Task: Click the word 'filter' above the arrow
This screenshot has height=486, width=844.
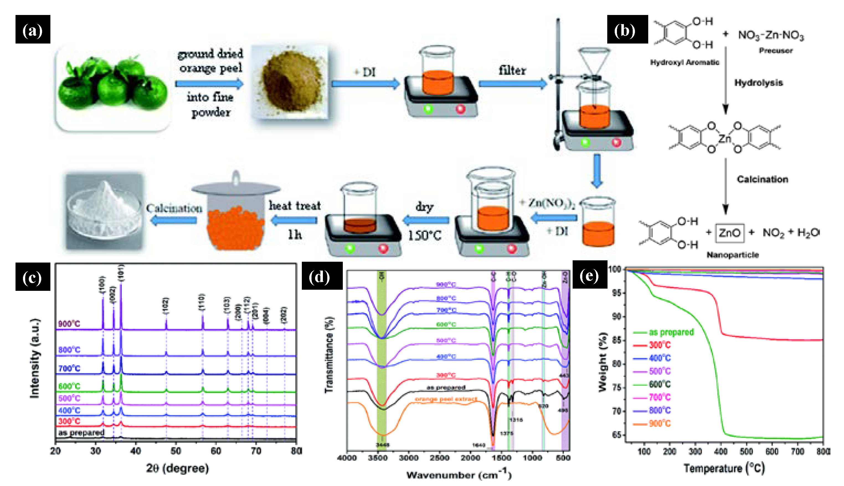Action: pyautogui.click(x=512, y=70)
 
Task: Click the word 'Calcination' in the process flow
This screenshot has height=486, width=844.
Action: pyautogui.click(x=174, y=208)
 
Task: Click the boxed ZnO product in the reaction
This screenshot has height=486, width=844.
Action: pyautogui.click(x=729, y=233)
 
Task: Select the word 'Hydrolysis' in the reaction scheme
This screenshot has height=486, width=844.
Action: pyautogui.click(x=758, y=83)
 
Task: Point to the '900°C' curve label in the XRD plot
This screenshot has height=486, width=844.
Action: pyautogui.click(x=69, y=324)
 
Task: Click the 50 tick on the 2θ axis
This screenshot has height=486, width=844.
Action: pyautogui.click(x=176, y=451)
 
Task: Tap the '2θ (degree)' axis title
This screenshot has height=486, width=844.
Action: pyautogui.click(x=177, y=468)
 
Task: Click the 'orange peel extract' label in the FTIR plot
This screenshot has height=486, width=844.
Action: pyautogui.click(x=446, y=399)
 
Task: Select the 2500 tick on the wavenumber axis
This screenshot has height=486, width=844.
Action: pyautogui.click(x=440, y=458)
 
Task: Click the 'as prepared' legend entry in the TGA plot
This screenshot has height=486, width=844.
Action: pyautogui.click(x=671, y=332)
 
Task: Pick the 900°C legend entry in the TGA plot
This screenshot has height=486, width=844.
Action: pyautogui.click(x=659, y=424)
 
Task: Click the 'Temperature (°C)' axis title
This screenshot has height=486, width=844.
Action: pyautogui.click(x=724, y=468)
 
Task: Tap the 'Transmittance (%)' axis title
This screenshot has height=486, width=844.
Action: pyautogui.click(x=329, y=355)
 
